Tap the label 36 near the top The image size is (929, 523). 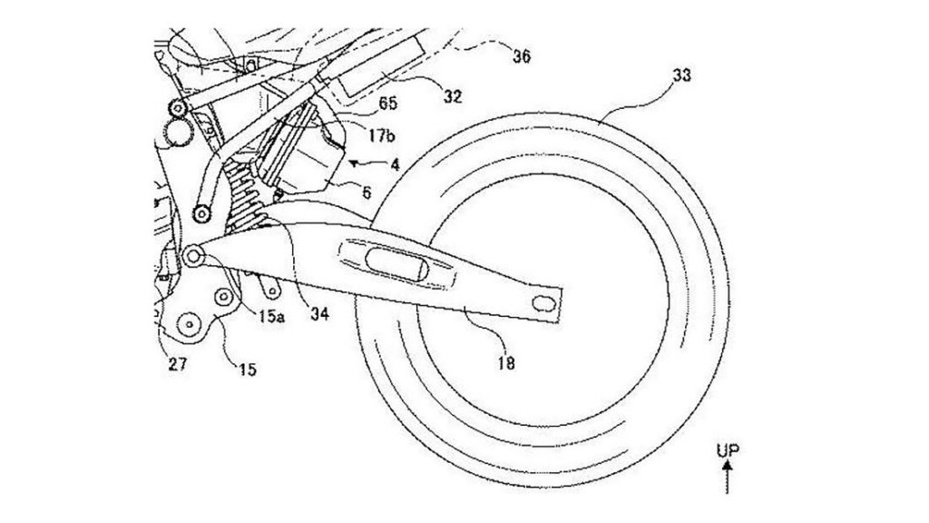pyautogui.click(x=522, y=57)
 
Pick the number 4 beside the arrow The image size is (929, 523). pyautogui.click(x=396, y=164)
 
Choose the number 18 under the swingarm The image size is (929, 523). pyautogui.click(x=505, y=363)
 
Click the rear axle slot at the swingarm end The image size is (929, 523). pyautogui.click(x=544, y=302)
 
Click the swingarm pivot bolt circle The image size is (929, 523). pyautogui.click(x=193, y=256)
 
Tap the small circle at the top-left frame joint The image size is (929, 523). pyautogui.click(x=179, y=109)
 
